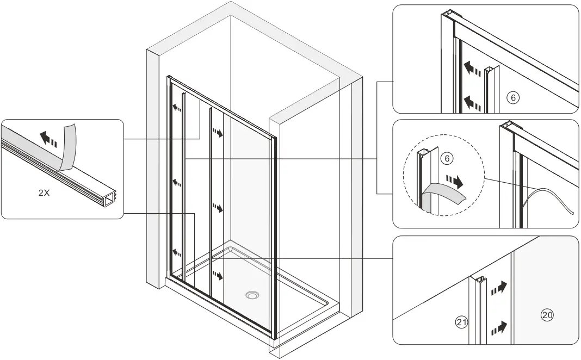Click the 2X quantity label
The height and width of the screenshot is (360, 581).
click(44, 193)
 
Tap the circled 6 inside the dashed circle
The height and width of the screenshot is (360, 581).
click(446, 159)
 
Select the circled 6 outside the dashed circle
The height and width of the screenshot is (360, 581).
click(512, 97)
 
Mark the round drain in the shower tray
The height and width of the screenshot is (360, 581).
click(252, 295)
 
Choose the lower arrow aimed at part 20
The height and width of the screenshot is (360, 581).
click(499, 328)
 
